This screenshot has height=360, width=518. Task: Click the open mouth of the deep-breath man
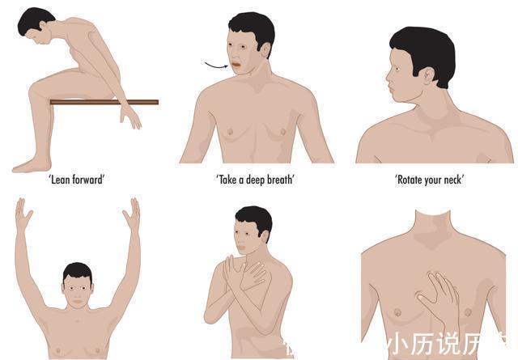[236, 63]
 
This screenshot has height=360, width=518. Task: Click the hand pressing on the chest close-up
[437, 299]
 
